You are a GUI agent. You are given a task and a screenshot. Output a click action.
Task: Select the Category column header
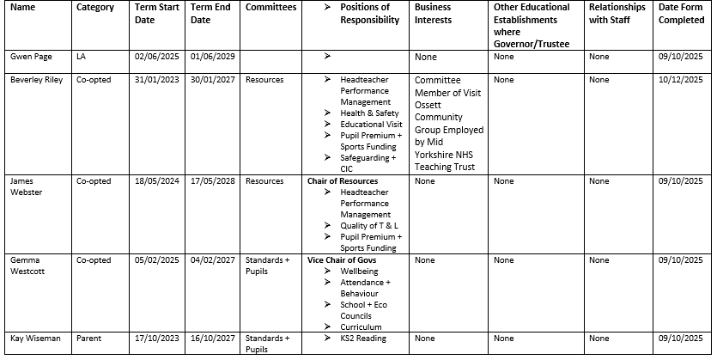[x=95, y=8]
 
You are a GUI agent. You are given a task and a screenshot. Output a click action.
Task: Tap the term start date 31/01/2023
[x=155, y=80]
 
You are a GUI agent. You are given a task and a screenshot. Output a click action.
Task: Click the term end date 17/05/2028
[x=211, y=181]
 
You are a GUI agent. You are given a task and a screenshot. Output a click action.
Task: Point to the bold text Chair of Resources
[x=342, y=181]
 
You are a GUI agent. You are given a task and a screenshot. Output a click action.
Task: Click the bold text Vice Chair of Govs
[x=342, y=259]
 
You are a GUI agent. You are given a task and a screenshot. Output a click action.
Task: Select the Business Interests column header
[x=433, y=14]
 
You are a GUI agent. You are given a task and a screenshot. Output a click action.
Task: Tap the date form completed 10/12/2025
[x=680, y=80]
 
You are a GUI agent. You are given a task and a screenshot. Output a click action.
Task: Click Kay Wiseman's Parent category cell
[x=90, y=339]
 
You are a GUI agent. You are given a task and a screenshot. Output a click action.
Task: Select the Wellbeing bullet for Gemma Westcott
[x=359, y=271]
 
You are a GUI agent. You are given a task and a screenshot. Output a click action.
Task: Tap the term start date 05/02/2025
[x=155, y=259]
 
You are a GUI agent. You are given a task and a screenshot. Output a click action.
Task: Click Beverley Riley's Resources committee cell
[x=264, y=80]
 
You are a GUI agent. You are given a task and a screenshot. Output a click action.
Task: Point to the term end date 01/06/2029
[x=211, y=57]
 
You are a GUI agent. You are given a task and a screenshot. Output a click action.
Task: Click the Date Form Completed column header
[x=680, y=14]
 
